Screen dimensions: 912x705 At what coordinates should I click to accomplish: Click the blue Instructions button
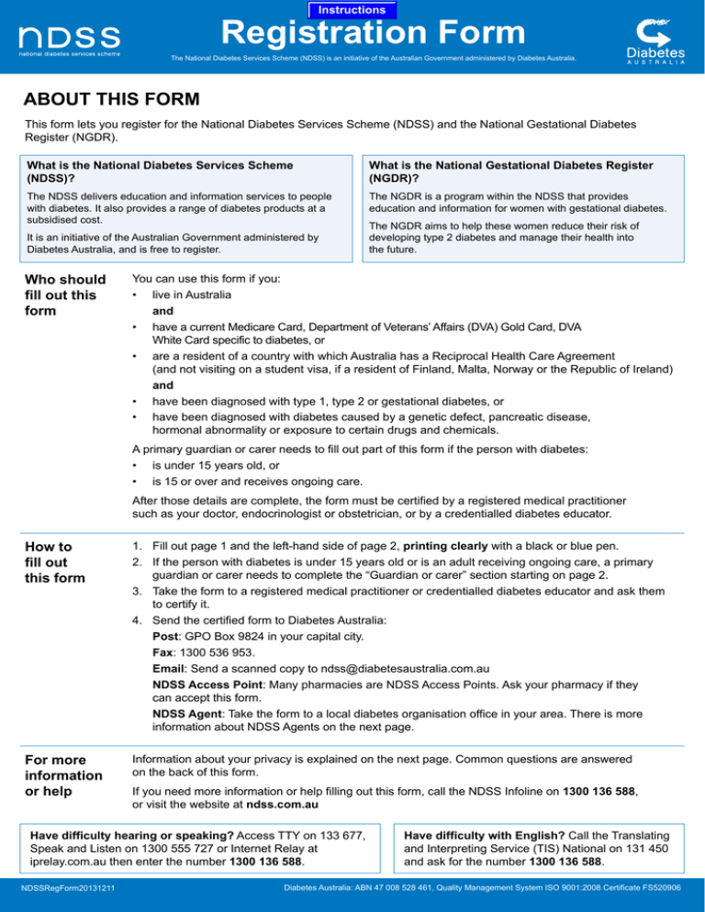352,9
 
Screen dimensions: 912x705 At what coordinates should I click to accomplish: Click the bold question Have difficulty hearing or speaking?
132,836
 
